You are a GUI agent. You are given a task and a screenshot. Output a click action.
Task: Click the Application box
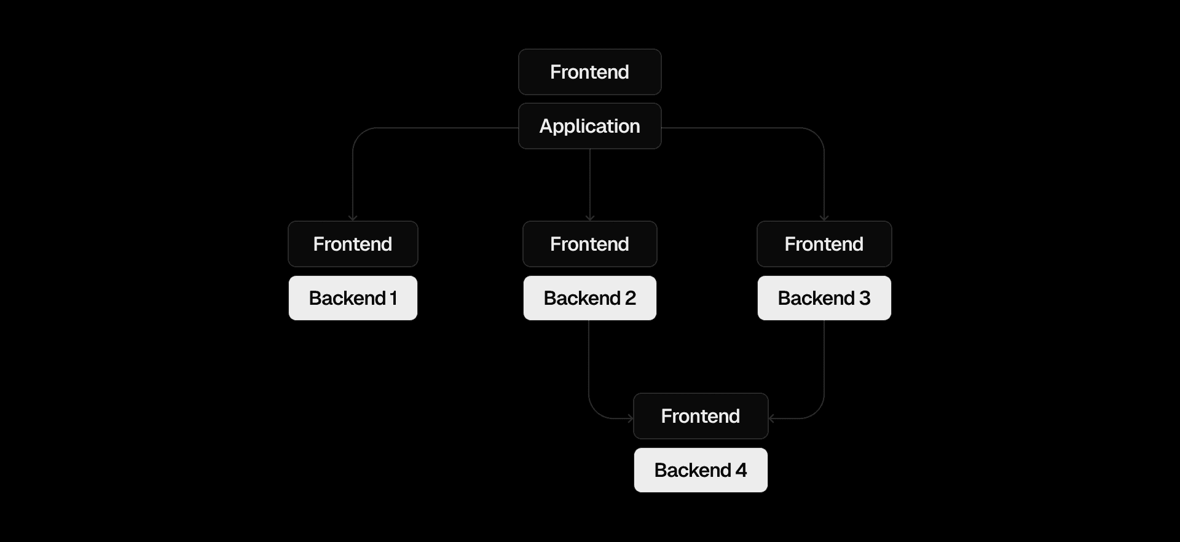589,126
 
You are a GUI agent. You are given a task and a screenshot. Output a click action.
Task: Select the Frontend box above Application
589,72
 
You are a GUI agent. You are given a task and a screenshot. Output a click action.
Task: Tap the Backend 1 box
353,298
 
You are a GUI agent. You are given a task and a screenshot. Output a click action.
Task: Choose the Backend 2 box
589,298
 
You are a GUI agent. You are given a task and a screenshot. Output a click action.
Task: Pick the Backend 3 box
824,298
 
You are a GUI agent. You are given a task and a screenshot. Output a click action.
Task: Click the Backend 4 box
701,470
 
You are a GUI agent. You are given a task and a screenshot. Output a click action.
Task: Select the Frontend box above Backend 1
353,244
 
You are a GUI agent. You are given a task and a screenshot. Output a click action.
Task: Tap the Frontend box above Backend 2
589,244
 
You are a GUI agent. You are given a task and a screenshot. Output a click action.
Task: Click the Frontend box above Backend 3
824,244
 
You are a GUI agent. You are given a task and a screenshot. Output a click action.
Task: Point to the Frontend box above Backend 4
701,416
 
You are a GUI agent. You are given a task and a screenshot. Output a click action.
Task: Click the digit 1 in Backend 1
393,298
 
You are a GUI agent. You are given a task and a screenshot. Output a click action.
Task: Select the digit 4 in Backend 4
741,470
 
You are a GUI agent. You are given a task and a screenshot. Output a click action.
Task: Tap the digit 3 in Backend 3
865,298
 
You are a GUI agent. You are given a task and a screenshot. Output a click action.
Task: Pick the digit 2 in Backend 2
631,298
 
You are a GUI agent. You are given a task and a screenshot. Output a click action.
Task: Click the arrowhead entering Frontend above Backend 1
353,218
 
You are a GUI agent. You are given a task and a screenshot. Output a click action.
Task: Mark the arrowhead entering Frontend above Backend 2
590,218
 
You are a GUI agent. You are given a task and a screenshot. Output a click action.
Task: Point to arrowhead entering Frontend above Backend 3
824,218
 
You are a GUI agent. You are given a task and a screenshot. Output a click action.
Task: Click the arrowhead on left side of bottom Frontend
630,418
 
